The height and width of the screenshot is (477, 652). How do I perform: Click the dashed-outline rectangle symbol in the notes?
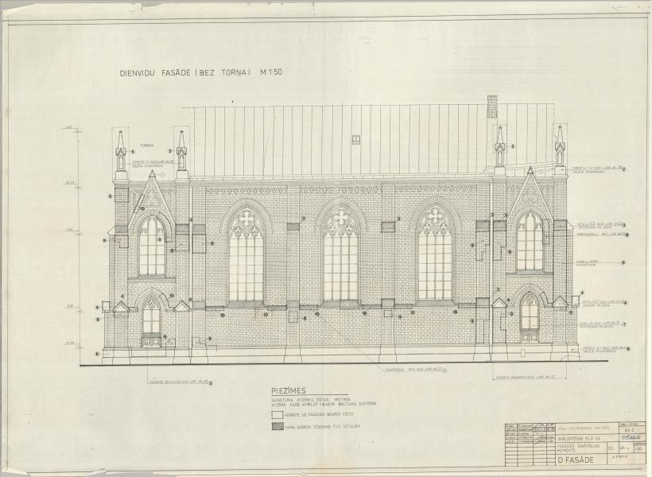click(x=277, y=414)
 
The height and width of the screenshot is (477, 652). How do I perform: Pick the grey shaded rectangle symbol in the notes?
click(x=277, y=426)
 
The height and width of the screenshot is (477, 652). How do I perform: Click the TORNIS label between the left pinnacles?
click(x=147, y=146)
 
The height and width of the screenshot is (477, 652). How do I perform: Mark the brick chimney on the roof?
click(x=492, y=107)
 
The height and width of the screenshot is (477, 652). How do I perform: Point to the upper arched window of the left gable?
click(x=152, y=246)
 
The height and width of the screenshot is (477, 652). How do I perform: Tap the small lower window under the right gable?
click(x=529, y=312)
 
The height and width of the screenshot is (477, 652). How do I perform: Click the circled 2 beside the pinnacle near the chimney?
click(x=514, y=147)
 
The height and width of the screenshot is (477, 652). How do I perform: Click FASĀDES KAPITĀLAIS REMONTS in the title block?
click(x=572, y=448)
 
